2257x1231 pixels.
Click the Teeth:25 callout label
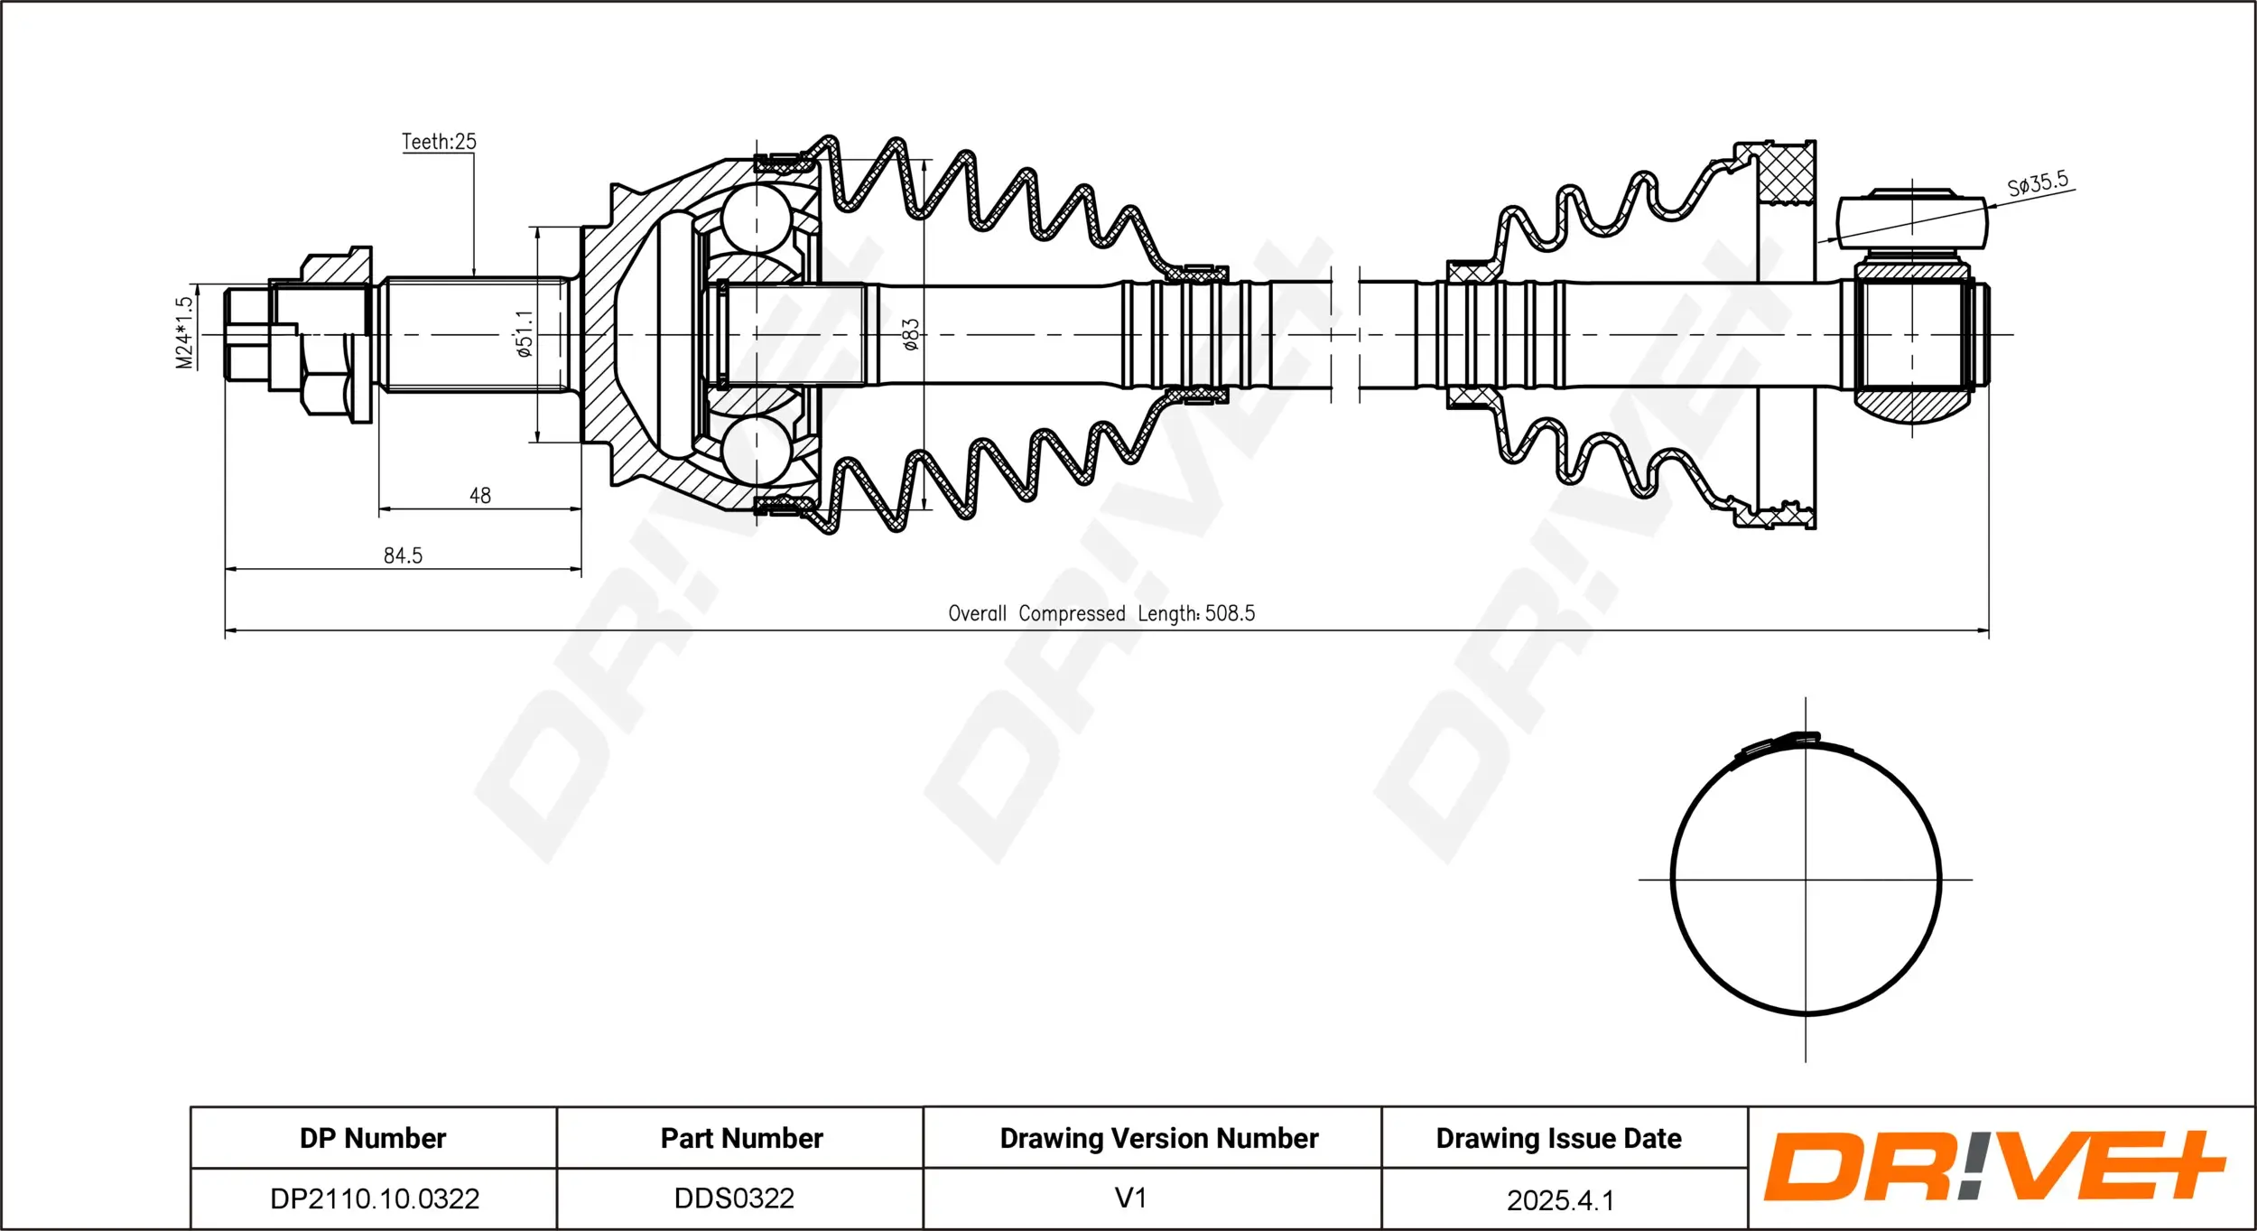pos(439,142)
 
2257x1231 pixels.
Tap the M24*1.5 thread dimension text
pos(184,332)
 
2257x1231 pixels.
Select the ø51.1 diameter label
pos(525,333)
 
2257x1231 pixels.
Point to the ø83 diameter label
pos(910,333)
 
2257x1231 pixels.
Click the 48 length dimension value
pos(479,495)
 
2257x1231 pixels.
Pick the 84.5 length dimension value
pos(403,555)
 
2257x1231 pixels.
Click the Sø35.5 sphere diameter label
pos(2037,184)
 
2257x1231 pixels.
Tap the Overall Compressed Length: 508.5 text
pos(1101,613)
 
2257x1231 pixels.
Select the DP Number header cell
pos(373,1138)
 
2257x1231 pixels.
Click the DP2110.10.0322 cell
pos(375,1198)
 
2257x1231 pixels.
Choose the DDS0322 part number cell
pos(734,1198)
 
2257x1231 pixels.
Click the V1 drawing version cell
pos(1130,1198)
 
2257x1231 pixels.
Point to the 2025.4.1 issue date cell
pos(1560,1199)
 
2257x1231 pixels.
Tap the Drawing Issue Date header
pos(1558,1138)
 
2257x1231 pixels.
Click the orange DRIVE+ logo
pos(1993,1166)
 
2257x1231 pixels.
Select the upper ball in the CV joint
pos(756,218)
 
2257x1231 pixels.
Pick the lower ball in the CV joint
pos(756,449)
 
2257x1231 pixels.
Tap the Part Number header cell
pos(741,1138)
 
